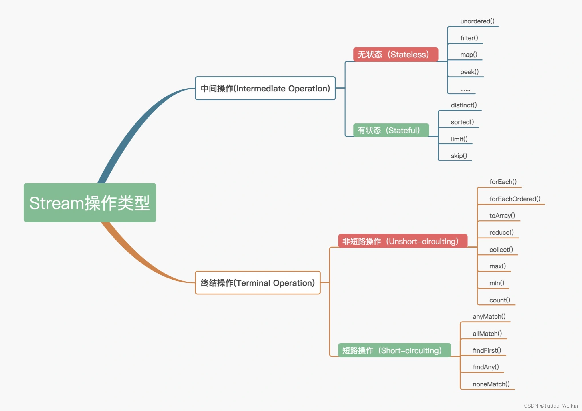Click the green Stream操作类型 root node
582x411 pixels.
(90, 203)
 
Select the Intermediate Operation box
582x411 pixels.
(265, 88)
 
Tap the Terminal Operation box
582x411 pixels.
(258, 283)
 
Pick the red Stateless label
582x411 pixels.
(395, 54)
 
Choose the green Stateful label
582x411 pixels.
(391, 130)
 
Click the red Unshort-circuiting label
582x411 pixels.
(402, 241)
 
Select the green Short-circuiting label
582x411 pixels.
(394, 350)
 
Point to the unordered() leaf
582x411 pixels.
(477, 21)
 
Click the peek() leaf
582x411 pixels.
(469, 72)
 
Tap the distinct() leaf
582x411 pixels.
(464, 105)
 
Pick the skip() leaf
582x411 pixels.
(459, 156)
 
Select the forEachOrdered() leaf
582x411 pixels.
(515, 199)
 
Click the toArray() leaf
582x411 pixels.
(502, 216)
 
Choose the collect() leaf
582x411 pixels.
(501, 250)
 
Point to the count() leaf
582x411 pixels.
(499, 300)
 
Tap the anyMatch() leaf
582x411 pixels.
(489, 316)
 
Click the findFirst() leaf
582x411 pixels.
(487, 350)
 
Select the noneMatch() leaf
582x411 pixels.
(491, 384)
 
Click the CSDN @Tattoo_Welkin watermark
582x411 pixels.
(551, 406)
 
